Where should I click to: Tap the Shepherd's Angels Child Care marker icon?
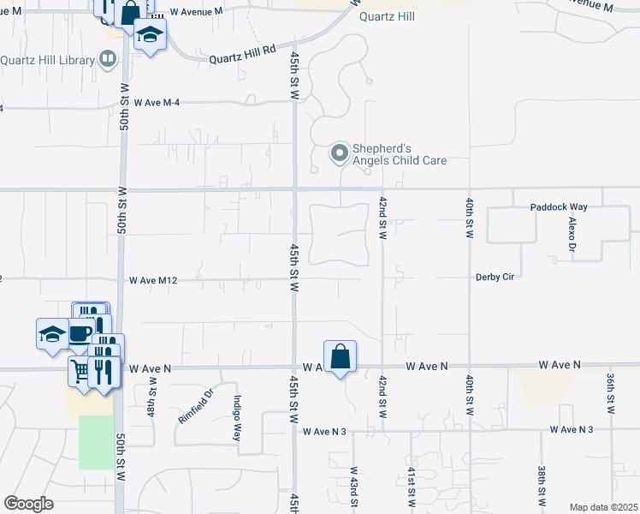pos(340,154)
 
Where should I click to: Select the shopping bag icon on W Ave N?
pos(340,356)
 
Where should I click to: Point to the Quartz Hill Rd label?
pos(244,54)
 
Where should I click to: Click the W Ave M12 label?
pos(153,280)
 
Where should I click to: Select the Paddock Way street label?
pos(559,206)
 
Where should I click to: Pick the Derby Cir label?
pos(496,277)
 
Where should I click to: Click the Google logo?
pos(28,504)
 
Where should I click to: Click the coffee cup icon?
pos(80,333)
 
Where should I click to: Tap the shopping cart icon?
pos(80,371)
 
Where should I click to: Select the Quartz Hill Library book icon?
pos(108,60)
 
